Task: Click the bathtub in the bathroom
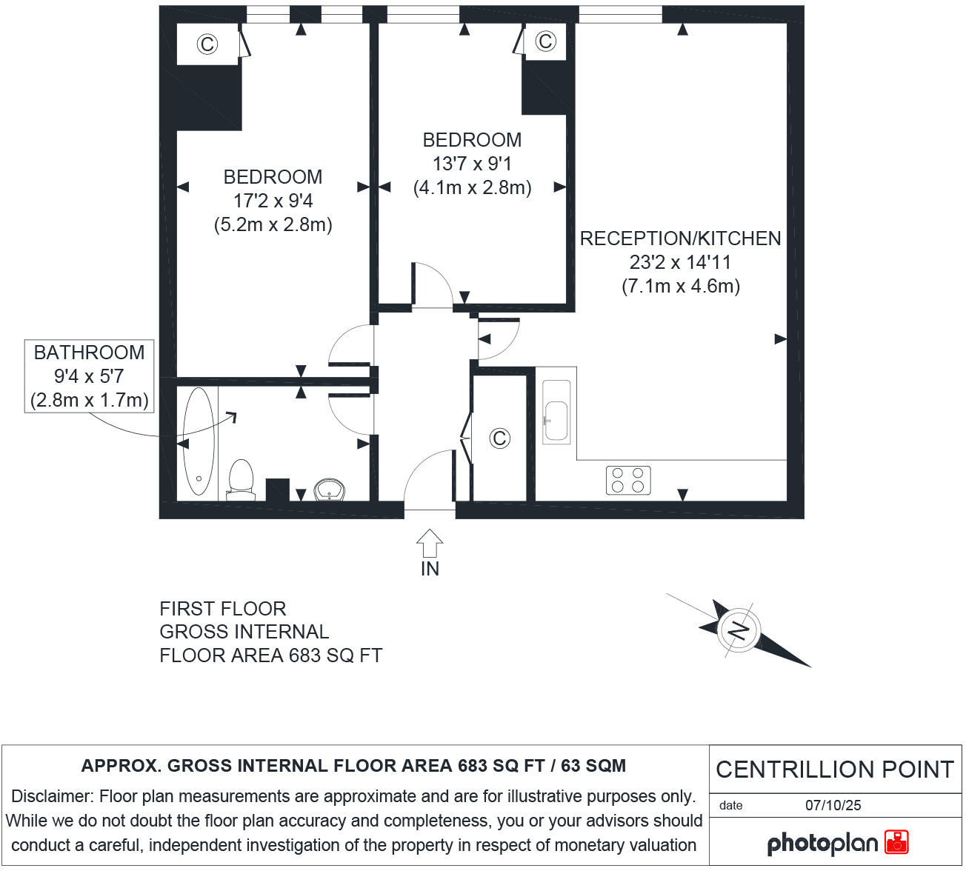click(x=199, y=441)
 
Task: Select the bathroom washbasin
click(x=329, y=490)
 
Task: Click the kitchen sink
click(x=556, y=420)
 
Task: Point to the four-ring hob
click(x=628, y=480)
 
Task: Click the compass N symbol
click(x=739, y=630)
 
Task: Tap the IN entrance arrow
click(x=430, y=544)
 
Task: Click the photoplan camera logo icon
click(x=896, y=842)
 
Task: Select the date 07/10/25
click(x=833, y=805)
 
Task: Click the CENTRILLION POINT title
click(x=834, y=770)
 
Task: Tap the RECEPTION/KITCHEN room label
click(x=680, y=238)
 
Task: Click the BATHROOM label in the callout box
click(x=89, y=353)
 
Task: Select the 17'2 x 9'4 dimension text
click(x=273, y=201)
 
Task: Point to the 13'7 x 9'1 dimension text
click(x=472, y=164)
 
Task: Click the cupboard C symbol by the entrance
click(x=500, y=438)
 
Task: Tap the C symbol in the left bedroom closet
click(x=207, y=44)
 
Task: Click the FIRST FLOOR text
click(x=222, y=609)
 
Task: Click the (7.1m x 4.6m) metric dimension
click(x=680, y=286)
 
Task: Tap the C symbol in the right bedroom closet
click(x=545, y=41)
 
